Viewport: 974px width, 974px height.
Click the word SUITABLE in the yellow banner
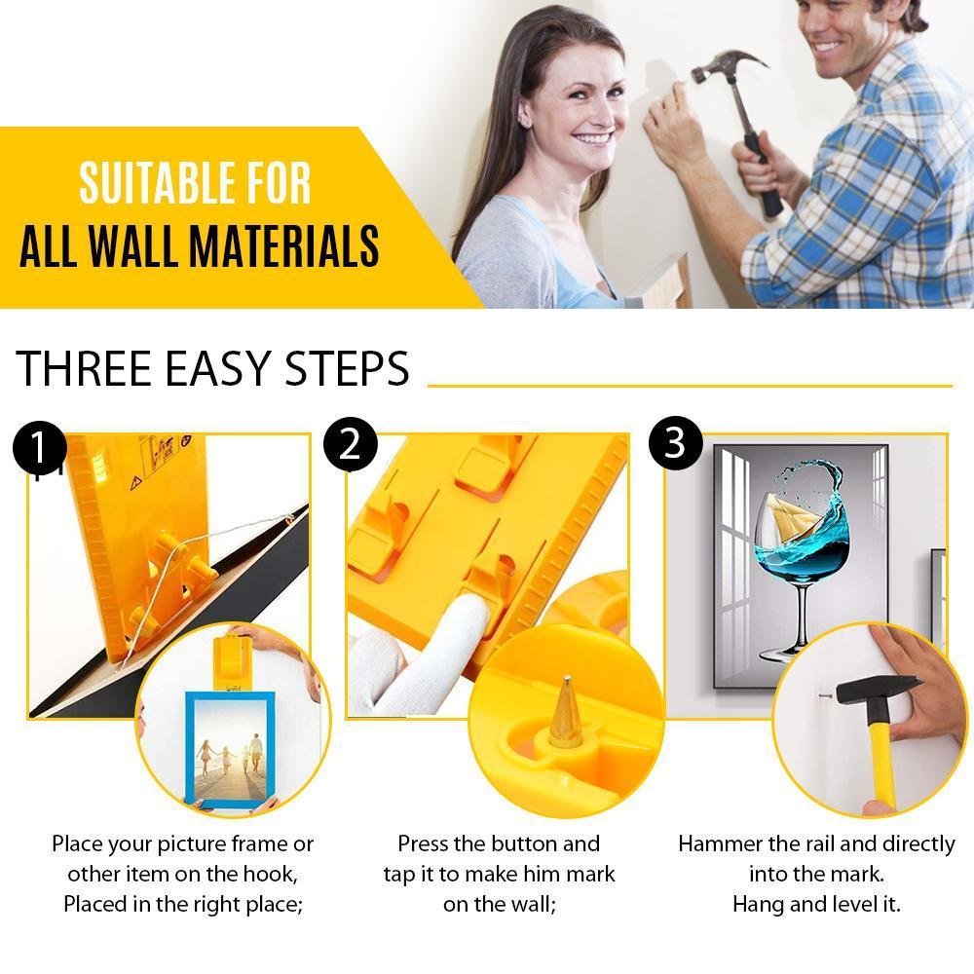[150, 183]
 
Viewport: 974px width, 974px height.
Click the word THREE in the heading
[79, 369]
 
